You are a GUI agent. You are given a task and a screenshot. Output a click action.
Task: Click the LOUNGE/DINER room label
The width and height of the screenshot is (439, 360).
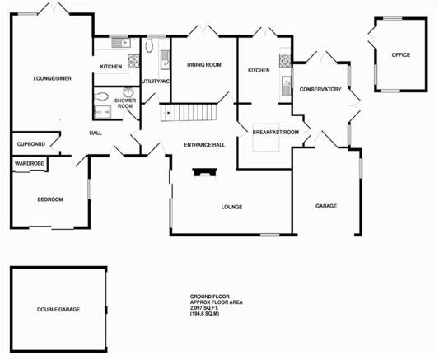53,78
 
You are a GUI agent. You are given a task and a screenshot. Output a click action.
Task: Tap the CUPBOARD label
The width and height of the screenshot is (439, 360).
31,144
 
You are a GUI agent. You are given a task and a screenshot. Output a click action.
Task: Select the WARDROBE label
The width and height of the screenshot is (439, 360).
30,163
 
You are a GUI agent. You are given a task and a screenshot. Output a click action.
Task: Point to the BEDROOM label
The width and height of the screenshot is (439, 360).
50,199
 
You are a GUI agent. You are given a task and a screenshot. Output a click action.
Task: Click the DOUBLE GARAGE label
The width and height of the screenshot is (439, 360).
58,309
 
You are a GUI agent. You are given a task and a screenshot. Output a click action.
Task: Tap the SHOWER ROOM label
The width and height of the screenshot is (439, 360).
125,103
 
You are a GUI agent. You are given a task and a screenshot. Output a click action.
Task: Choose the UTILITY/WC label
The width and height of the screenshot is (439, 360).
156,82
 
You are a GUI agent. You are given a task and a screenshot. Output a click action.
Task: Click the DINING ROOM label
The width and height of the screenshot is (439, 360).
204,64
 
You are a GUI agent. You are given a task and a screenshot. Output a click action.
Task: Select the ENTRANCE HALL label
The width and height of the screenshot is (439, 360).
204,145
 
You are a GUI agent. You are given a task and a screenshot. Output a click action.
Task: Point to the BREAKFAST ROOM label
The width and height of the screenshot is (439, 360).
276,132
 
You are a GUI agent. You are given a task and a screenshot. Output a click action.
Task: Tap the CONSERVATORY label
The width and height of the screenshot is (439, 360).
320,89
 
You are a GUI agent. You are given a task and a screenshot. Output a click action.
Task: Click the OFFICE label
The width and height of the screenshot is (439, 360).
401,55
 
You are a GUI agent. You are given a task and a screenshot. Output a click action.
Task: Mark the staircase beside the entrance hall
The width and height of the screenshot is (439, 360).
189,112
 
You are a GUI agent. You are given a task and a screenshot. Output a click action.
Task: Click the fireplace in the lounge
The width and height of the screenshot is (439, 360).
205,174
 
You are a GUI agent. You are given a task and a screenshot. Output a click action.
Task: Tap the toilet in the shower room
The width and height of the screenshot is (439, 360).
100,97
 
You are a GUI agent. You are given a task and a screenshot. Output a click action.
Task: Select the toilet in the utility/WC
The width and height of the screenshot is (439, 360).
149,44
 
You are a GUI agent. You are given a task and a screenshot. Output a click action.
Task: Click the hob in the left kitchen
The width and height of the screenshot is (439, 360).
133,61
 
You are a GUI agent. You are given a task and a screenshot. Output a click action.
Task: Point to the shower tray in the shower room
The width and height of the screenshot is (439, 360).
102,112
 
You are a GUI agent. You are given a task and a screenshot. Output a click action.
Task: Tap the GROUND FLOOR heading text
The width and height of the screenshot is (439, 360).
210,297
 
